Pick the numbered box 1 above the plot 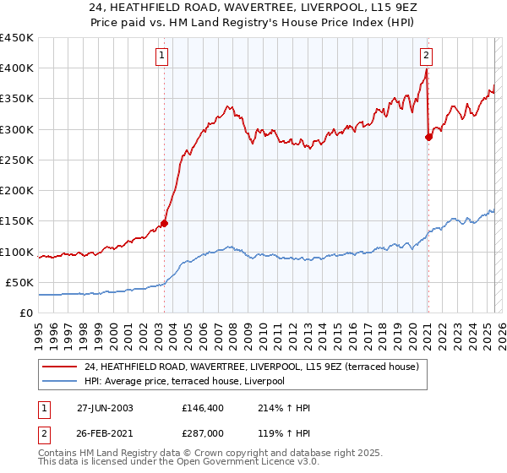click(161, 57)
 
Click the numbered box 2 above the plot click(426, 57)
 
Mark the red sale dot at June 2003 click(164, 223)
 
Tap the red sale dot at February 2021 click(428, 137)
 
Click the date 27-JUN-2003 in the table click(105, 408)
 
